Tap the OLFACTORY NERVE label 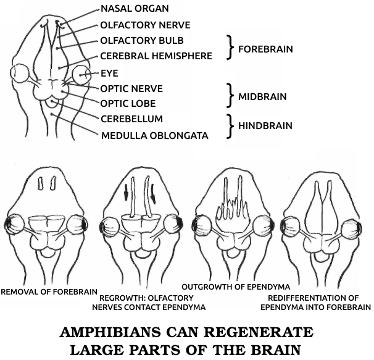(x=145, y=26)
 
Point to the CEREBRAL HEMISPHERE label (x=156, y=56)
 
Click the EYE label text (x=109, y=73)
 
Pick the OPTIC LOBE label (x=128, y=103)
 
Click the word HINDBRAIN (x=266, y=126)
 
